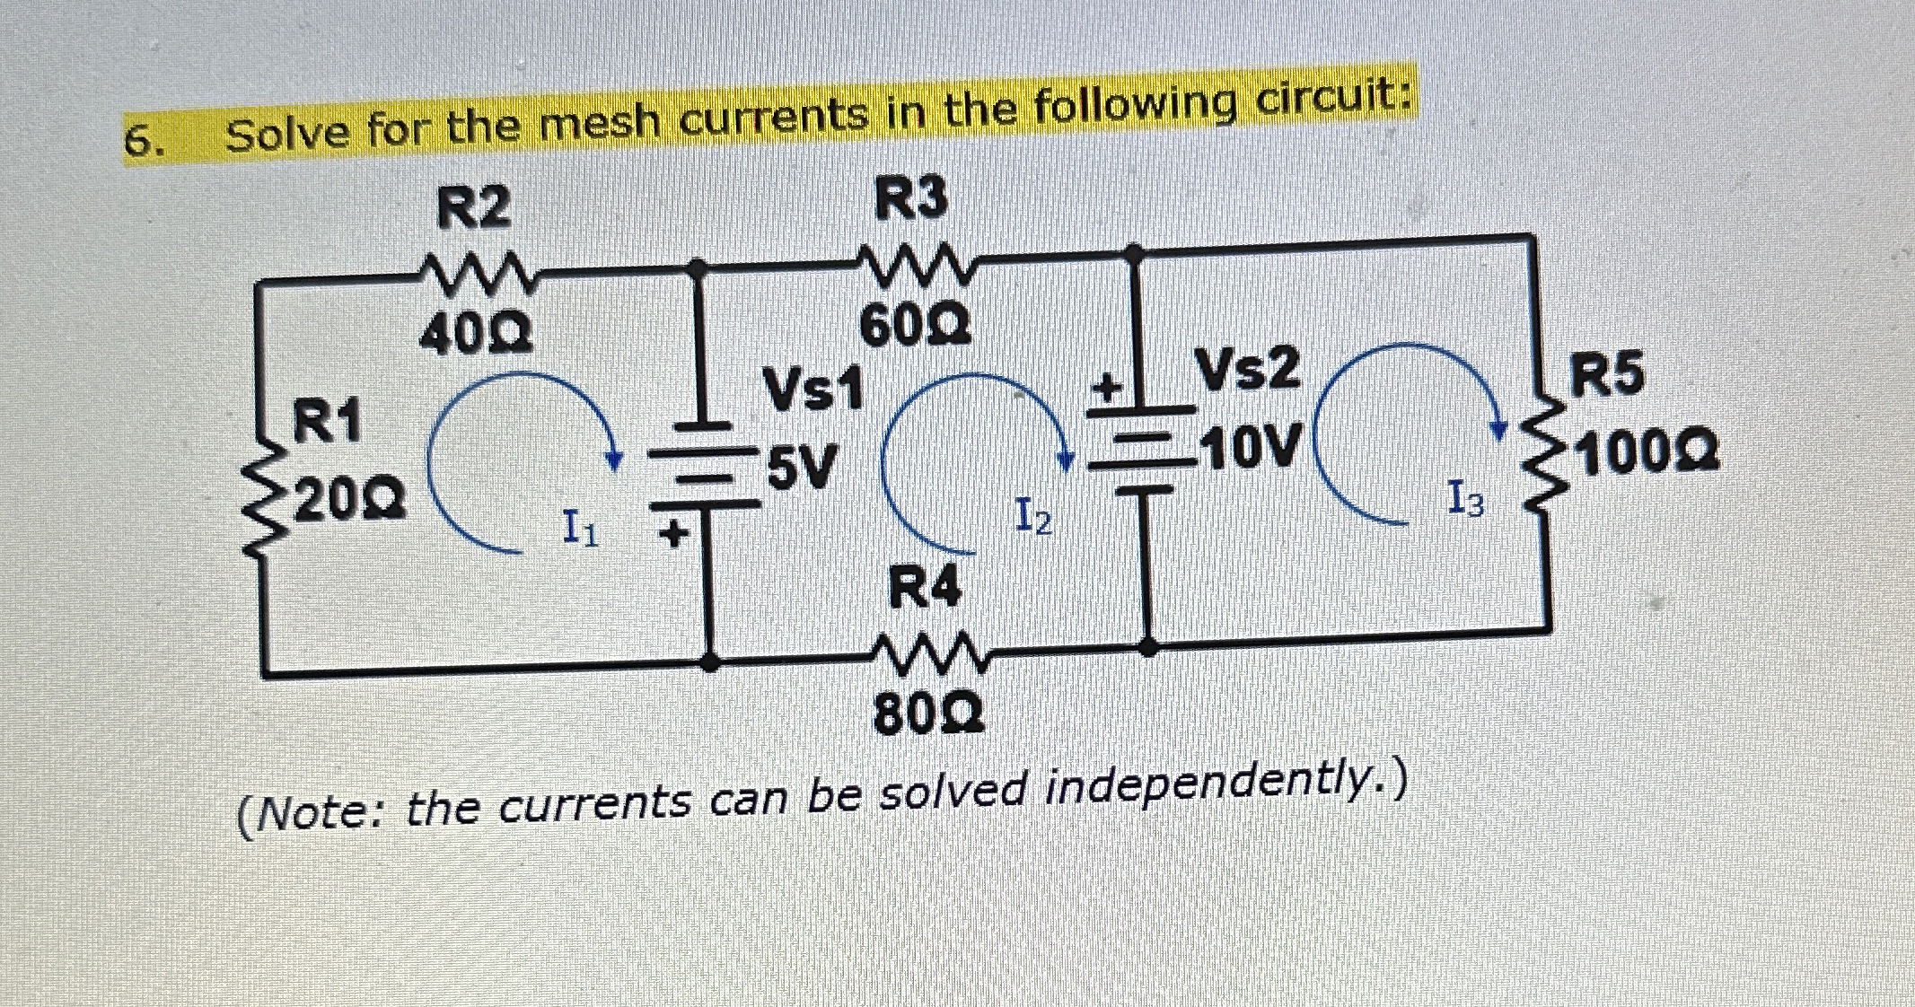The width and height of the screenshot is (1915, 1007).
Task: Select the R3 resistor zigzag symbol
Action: pyautogui.click(x=913, y=262)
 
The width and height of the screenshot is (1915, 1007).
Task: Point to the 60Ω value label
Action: pyautogui.click(x=916, y=327)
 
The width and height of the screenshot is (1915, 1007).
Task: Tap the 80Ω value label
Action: pyautogui.click(x=929, y=714)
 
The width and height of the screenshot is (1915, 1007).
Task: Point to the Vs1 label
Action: pyautogui.click(x=813, y=390)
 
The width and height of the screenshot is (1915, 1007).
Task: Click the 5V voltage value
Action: pyautogui.click(x=802, y=467)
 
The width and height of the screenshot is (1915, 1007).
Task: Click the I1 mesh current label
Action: pyautogui.click(x=579, y=527)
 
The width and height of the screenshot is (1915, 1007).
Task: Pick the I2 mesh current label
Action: pyautogui.click(x=1033, y=517)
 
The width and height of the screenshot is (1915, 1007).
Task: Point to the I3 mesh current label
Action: pyautogui.click(x=1466, y=499)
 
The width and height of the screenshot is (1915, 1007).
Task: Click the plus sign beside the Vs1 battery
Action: pyautogui.click(x=672, y=535)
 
